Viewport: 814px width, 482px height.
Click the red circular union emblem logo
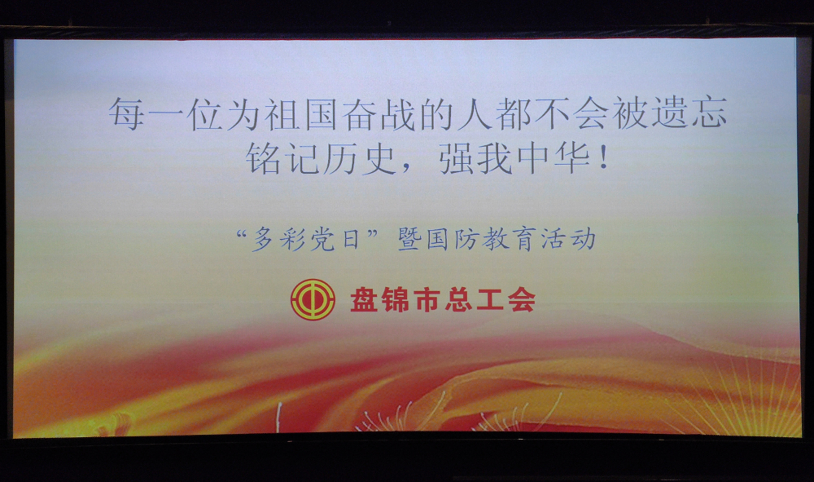point(313,299)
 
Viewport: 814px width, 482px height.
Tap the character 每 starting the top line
point(127,114)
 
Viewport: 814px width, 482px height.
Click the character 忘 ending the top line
point(709,112)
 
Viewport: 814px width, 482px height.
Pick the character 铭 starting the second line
point(263,159)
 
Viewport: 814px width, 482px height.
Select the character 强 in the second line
point(456,159)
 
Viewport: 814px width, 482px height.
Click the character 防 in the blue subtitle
point(467,239)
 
